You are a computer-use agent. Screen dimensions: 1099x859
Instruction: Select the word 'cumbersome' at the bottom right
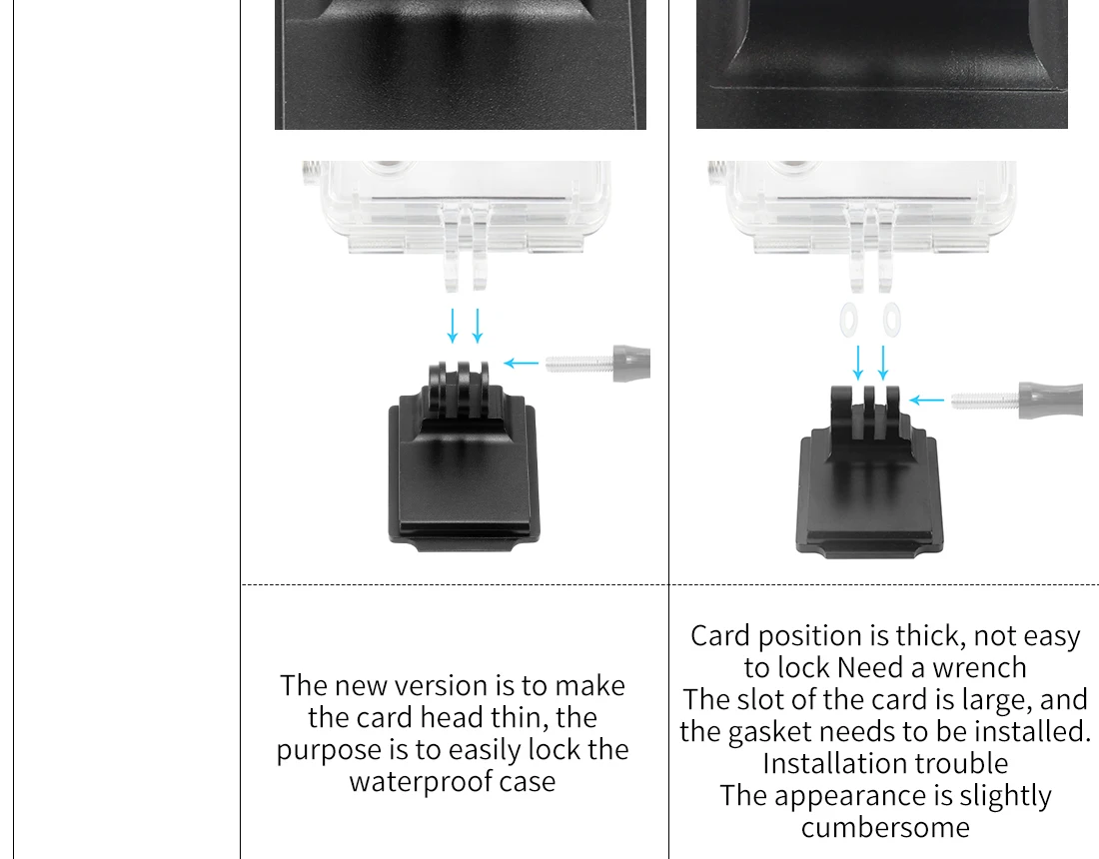pos(885,827)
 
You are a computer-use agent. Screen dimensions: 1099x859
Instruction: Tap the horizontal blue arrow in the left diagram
pos(522,363)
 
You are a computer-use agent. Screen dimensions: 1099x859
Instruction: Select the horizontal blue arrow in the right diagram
pos(926,401)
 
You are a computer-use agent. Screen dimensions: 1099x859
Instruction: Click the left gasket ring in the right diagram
pos(848,320)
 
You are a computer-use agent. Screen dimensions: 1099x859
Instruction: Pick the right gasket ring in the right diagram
pos(891,320)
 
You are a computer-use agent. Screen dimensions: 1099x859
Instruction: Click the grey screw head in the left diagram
pos(631,363)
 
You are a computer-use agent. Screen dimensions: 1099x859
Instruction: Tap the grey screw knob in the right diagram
pos(1051,401)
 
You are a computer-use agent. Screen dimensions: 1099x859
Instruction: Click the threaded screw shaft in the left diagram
pos(579,363)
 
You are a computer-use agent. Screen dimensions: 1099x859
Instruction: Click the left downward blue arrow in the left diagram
pos(453,326)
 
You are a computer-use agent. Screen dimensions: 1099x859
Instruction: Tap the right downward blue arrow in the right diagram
pos(883,363)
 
